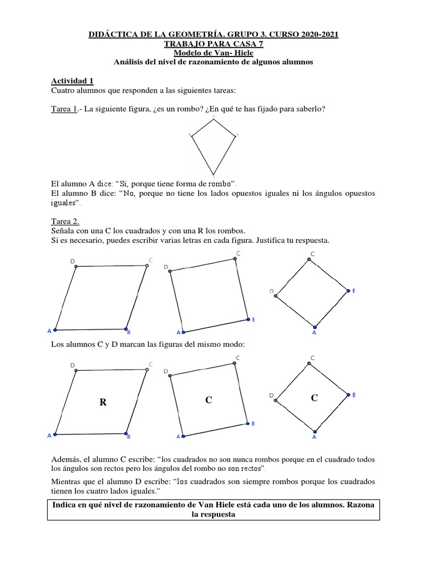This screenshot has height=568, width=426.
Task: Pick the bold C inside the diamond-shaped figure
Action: (x=315, y=398)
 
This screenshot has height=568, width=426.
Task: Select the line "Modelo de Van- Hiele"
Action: (x=214, y=53)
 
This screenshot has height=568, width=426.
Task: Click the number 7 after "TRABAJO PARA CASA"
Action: (x=258, y=43)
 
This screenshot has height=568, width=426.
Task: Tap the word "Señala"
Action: (x=64, y=230)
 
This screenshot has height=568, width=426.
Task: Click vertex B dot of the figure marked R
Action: (x=126, y=433)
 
